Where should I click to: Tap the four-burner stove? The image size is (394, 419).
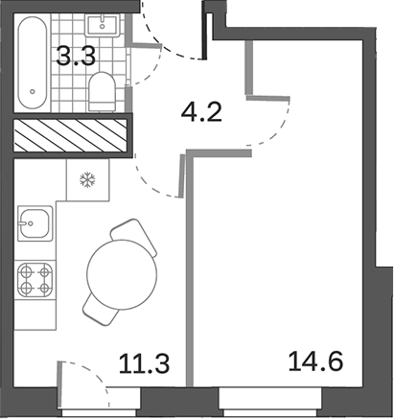click(x=35, y=280)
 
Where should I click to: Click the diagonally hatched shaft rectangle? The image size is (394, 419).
click(x=69, y=135)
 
